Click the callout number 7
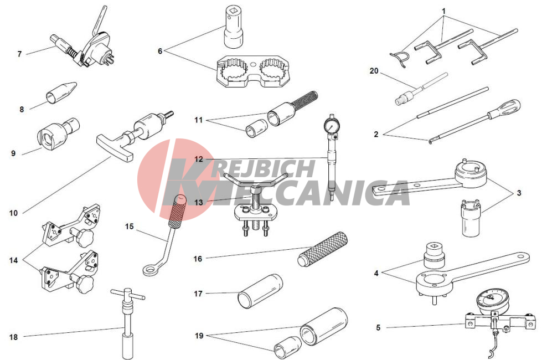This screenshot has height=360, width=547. pos(19,54)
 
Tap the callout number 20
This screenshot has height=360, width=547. pos(374,71)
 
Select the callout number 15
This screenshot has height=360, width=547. pos(129,227)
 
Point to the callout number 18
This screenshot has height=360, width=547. pos(13,337)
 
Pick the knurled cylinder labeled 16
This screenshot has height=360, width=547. pos(323,249)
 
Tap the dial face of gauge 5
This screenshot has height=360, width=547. pos(490,299)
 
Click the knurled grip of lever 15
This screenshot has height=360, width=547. pos(177,212)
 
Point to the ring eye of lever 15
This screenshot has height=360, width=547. pos(151,270)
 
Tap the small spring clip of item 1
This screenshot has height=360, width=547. pos(399,58)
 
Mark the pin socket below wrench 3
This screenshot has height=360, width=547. pos(471,218)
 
